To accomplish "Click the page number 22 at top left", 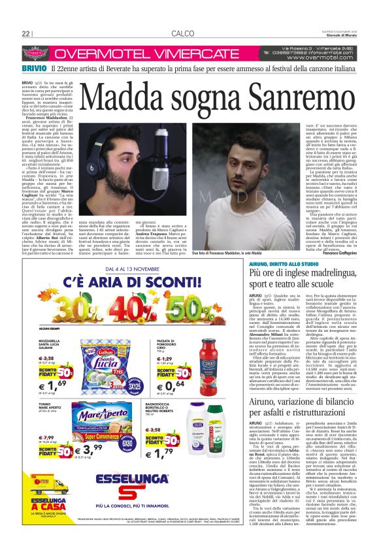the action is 27,33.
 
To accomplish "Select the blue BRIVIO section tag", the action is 33,68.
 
